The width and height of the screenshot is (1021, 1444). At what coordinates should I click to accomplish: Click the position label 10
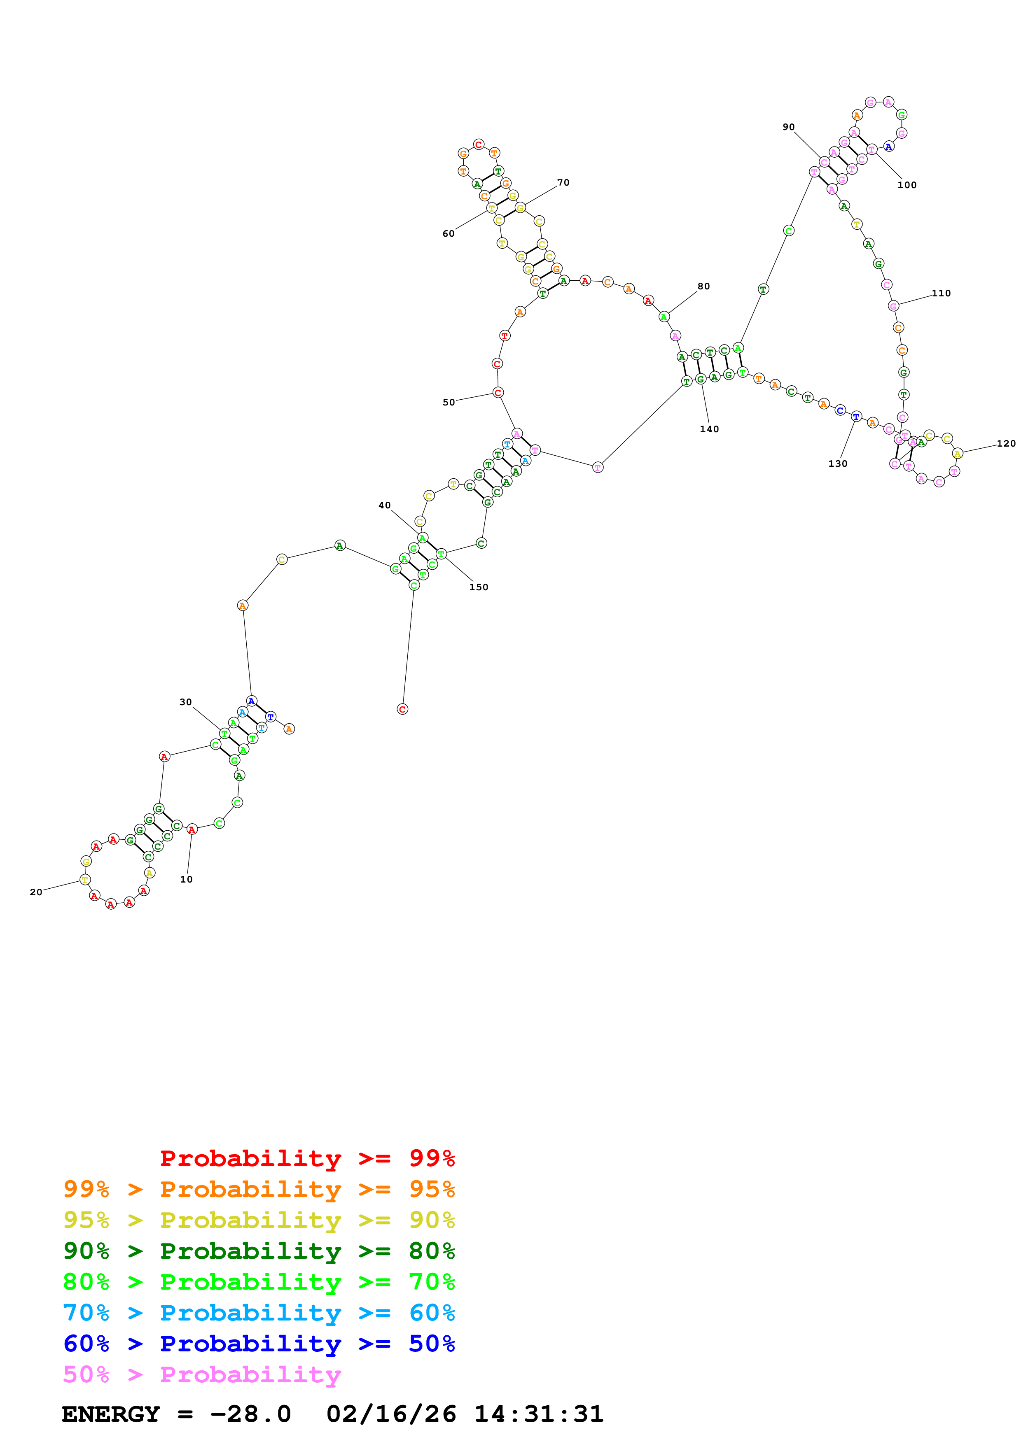pyautogui.click(x=186, y=879)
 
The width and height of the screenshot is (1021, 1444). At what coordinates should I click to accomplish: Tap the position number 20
pyautogui.click(x=36, y=892)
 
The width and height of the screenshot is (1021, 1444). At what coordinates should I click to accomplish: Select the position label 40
pyautogui.click(x=384, y=505)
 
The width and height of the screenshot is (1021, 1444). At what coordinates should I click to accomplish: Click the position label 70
pyautogui.click(x=563, y=182)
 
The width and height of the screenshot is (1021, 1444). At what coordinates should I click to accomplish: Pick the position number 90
pyautogui.click(x=788, y=127)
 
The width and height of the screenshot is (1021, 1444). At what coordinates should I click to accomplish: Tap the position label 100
pyautogui.click(x=907, y=185)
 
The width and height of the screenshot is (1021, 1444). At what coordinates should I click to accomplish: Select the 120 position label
pyautogui.click(x=1006, y=443)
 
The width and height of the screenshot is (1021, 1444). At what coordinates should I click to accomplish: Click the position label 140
pyautogui.click(x=709, y=429)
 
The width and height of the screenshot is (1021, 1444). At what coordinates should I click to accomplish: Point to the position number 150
pyautogui.click(x=478, y=587)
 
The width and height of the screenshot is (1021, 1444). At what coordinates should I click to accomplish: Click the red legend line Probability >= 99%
pyautogui.click(x=307, y=1158)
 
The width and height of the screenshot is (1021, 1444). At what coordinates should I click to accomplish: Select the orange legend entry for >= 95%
pyautogui.click(x=259, y=1189)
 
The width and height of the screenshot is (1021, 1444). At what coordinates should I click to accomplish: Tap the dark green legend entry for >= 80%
pyautogui.click(x=259, y=1251)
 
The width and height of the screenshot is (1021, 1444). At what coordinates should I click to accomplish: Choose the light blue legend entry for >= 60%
pyautogui.click(x=259, y=1313)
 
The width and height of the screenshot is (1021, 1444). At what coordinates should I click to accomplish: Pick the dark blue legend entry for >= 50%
pyautogui.click(x=259, y=1344)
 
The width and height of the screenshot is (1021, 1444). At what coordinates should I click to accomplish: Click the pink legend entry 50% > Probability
pyautogui.click(x=201, y=1374)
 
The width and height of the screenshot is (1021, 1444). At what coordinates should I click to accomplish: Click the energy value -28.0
pyautogui.click(x=250, y=1414)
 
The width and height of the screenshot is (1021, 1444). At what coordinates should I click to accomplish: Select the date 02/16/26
pyautogui.click(x=391, y=1414)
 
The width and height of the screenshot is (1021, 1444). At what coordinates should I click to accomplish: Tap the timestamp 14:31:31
pyautogui.click(x=538, y=1414)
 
